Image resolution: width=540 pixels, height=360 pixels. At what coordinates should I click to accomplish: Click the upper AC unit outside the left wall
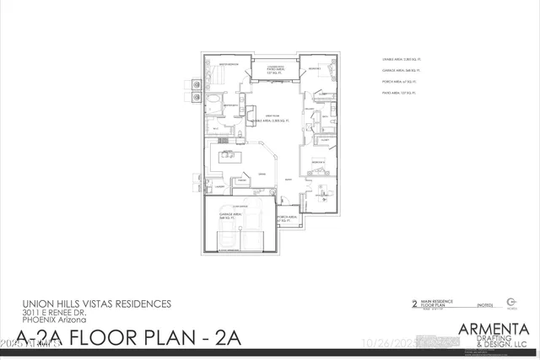194,83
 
